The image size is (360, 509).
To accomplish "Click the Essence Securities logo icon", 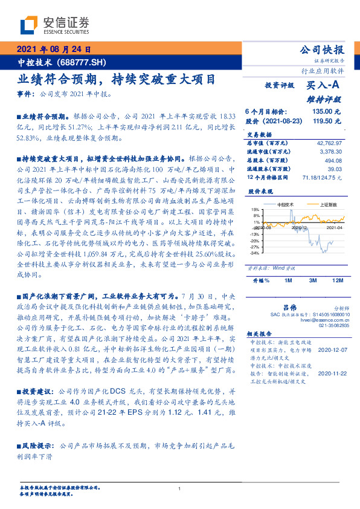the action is click(x=30, y=25).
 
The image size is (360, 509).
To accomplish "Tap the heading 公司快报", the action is click(x=322, y=50).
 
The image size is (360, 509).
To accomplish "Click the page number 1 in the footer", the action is click(x=180, y=489).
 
